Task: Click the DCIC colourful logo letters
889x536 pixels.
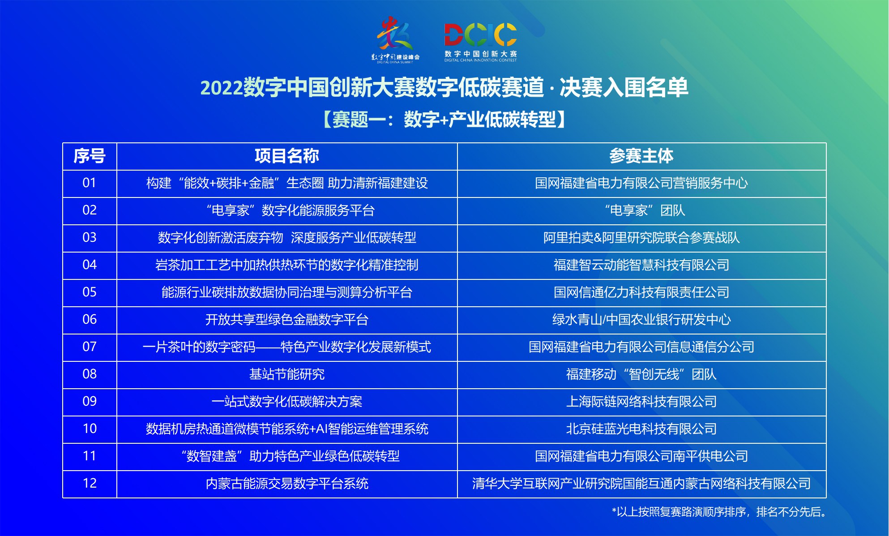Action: pyautogui.click(x=480, y=34)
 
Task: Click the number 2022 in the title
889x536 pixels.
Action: pyautogui.click(x=222, y=87)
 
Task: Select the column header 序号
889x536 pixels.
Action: pyautogui.click(x=90, y=156)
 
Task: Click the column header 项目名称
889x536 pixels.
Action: pyautogui.click(x=287, y=156)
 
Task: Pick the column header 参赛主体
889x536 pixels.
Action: pyautogui.click(x=641, y=156)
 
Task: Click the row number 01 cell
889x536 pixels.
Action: pyautogui.click(x=90, y=183)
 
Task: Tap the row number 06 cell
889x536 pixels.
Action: pyautogui.click(x=90, y=320)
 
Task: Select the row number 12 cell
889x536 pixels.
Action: pyautogui.click(x=90, y=484)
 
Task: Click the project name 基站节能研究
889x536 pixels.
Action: pyautogui.click(x=287, y=374)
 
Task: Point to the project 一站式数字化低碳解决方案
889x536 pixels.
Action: pyautogui.click(x=287, y=402)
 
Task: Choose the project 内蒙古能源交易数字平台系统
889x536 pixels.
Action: pyautogui.click(x=287, y=484)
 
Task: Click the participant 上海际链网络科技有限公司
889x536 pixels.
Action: pyautogui.click(x=641, y=402)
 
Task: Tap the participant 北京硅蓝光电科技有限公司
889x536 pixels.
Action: pyautogui.click(x=641, y=429)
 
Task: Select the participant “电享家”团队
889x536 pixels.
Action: pyautogui.click(x=645, y=210)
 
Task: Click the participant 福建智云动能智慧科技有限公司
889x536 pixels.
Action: pyautogui.click(x=641, y=265)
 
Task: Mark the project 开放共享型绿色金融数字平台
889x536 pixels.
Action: pyautogui.click(x=287, y=320)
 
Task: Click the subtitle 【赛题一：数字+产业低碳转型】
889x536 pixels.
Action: pyautogui.click(x=444, y=120)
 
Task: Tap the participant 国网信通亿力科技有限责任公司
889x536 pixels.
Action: pyautogui.click(x=641, y=292)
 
